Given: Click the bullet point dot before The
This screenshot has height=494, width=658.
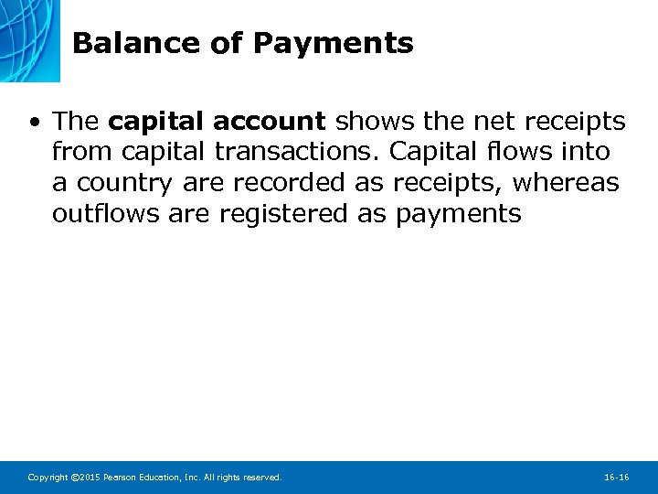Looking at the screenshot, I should [34, 122].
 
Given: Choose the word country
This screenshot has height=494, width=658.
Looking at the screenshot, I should [123, 183].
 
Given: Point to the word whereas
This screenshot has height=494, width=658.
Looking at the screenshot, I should [566, 183].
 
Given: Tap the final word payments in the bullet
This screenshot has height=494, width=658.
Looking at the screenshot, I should [459, 215].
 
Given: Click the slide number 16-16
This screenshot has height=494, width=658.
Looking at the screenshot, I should [617, 478].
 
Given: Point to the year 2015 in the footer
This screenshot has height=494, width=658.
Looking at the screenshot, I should [86, 478].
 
